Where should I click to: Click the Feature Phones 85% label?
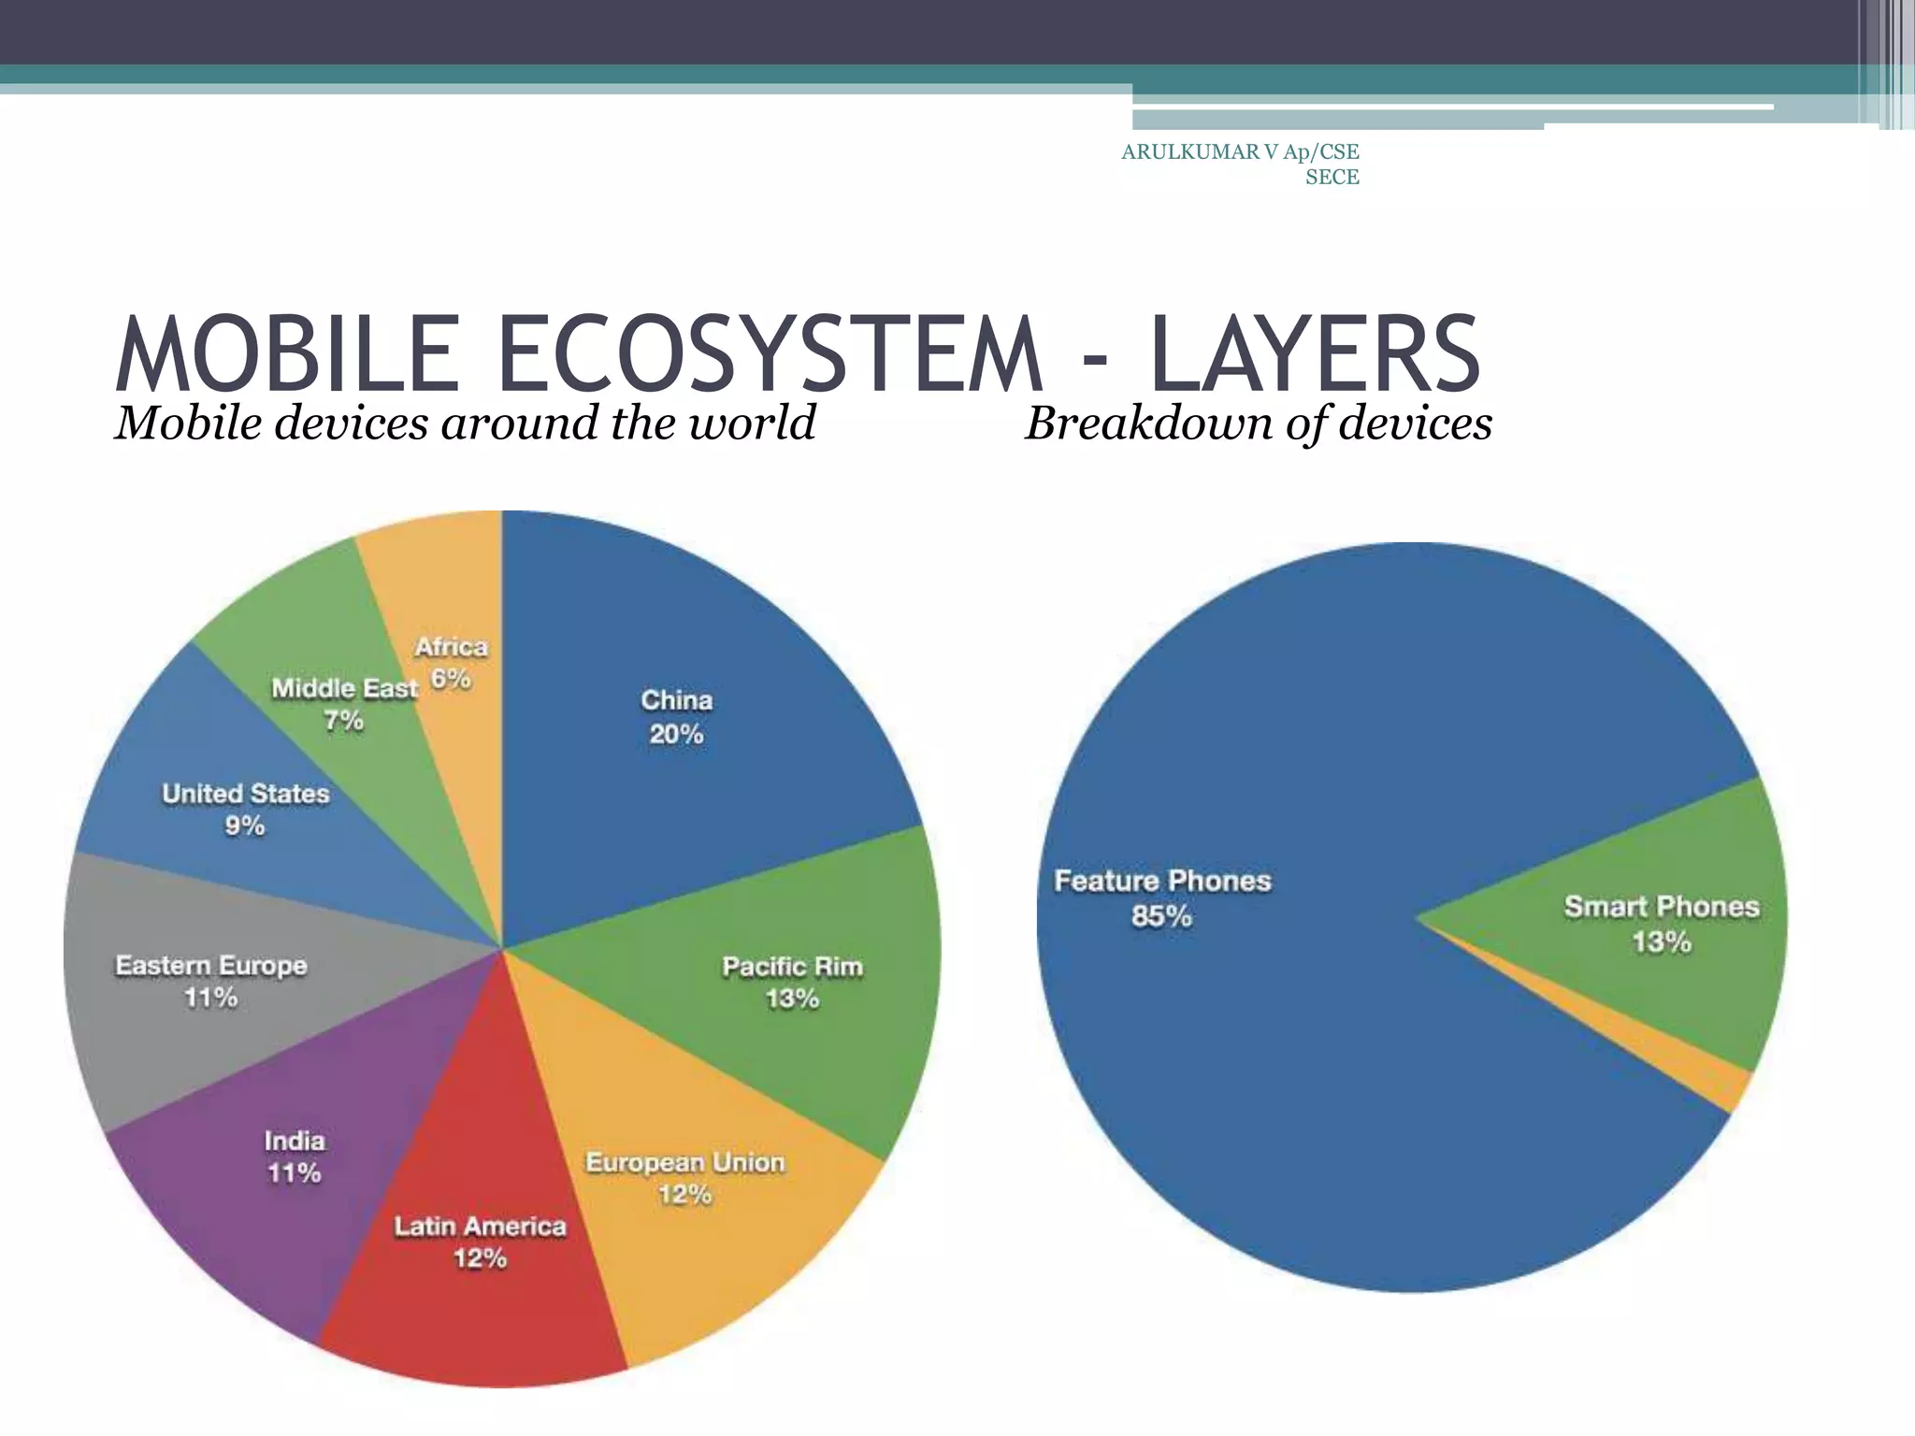coord(1162,897)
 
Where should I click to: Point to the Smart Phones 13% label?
coord(1662,923)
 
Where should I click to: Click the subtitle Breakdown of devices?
coord(1258,423)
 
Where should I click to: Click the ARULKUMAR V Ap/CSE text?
coord(1240,151)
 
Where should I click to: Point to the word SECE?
coord(1332,177)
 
